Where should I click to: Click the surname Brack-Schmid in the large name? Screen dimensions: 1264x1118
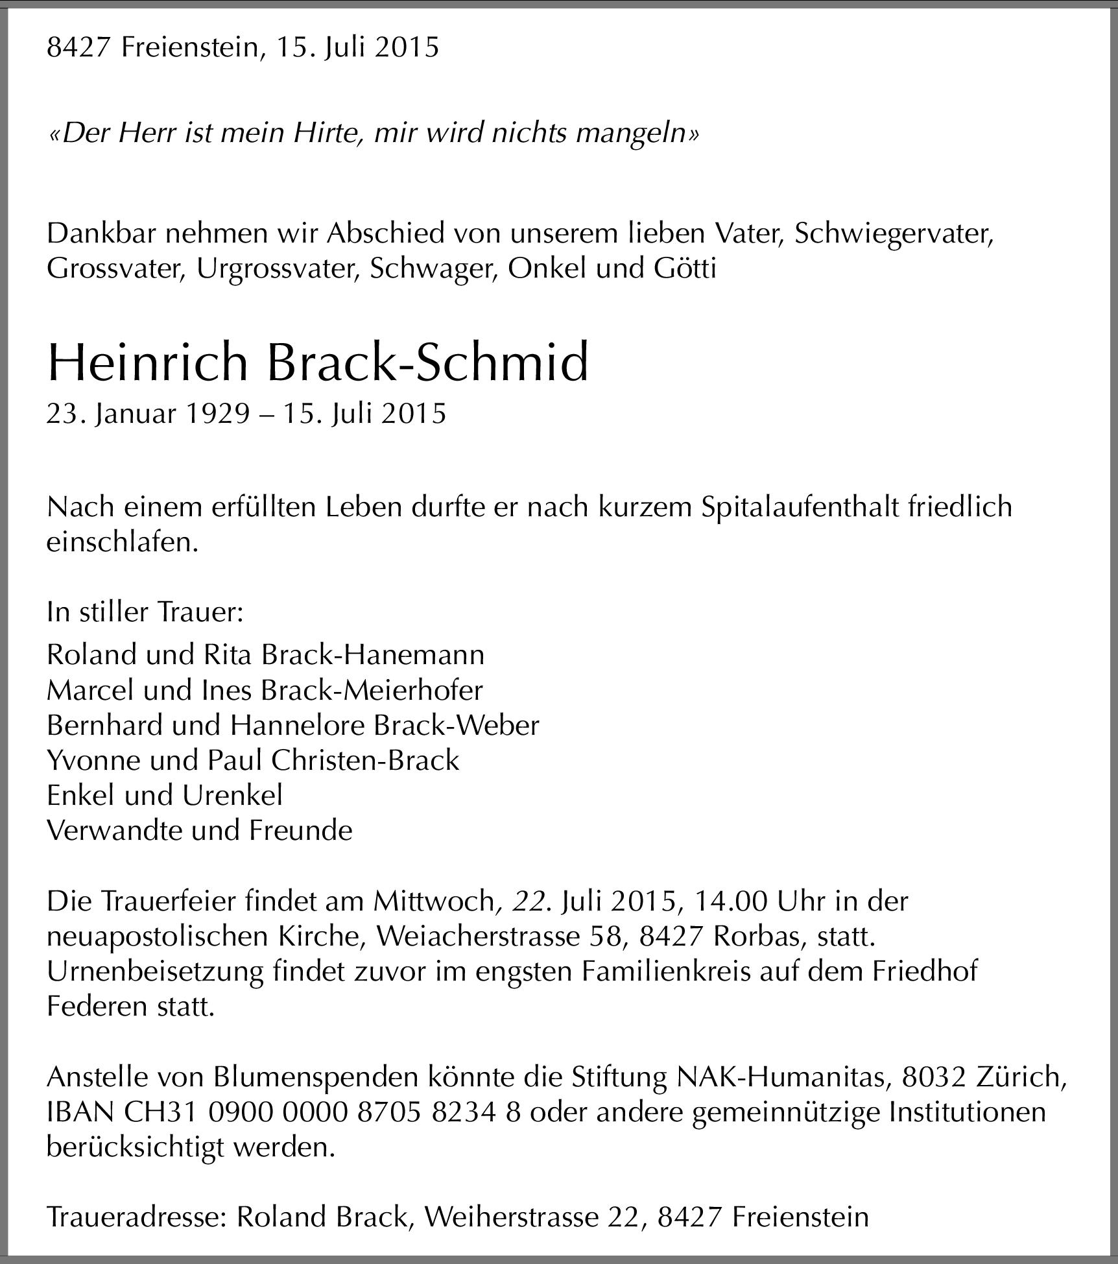pos(427,364)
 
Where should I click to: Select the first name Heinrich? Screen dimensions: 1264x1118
pos(148,364)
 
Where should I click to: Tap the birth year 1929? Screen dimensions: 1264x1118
pos(217,414)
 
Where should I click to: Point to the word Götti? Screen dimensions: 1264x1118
pos(681,268)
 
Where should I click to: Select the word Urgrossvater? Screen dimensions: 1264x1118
pos(278,268)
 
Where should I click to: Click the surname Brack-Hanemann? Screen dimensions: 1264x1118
pos(372,655)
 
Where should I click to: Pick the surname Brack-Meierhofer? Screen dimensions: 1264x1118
pos(372,690)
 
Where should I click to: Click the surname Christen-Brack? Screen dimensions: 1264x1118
pos(365,760)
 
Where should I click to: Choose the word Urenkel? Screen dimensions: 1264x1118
pos(232,795)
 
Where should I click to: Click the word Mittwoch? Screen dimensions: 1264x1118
pos(433,901)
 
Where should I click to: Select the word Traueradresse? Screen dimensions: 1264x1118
pos(135,1217)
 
